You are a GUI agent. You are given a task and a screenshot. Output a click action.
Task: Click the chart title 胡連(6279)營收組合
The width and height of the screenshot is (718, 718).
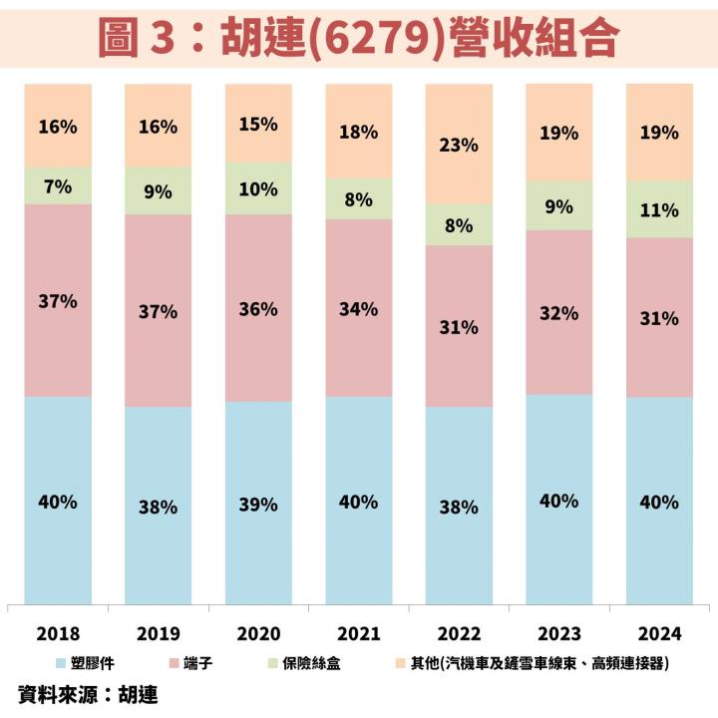coord(359,37)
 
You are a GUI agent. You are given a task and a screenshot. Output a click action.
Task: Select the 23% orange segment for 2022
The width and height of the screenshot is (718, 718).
coord(459,145)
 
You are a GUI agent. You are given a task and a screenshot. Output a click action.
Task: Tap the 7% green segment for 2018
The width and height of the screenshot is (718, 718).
coord(58,186)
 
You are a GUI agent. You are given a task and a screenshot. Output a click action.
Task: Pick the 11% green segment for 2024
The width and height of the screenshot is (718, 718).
coord(659,209)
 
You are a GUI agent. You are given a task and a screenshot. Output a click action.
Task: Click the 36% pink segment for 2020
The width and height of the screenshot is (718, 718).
coord(258,308)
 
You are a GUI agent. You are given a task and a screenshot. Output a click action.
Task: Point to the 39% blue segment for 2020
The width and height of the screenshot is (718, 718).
coord(258,504)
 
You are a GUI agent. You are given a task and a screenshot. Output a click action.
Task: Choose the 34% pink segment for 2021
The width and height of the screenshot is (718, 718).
coord(359,308)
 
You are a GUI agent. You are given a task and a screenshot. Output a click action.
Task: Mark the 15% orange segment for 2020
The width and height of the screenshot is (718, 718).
coord(258,124)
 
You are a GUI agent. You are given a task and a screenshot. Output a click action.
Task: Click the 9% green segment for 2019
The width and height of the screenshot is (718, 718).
coord(158,191)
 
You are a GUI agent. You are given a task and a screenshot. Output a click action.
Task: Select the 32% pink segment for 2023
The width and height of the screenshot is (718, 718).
coord(559,312)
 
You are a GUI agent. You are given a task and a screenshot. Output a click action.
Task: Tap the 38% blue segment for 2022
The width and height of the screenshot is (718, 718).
coord(459,506)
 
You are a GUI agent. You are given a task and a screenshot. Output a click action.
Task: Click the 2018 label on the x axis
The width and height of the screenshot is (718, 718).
coord(58,633)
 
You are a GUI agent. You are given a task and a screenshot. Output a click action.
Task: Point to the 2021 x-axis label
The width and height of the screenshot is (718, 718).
coord(359,633)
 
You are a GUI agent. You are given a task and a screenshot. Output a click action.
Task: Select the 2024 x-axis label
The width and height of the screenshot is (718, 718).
coord(659,633)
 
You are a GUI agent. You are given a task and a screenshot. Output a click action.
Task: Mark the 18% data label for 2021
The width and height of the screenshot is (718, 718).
coord(359,134)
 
